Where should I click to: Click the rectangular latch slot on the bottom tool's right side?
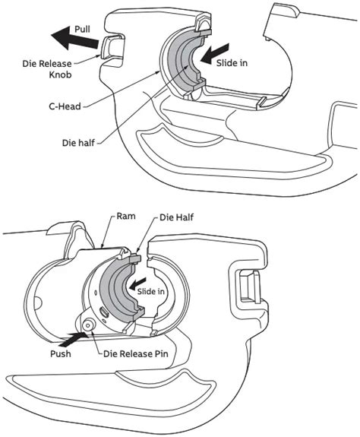248,293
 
